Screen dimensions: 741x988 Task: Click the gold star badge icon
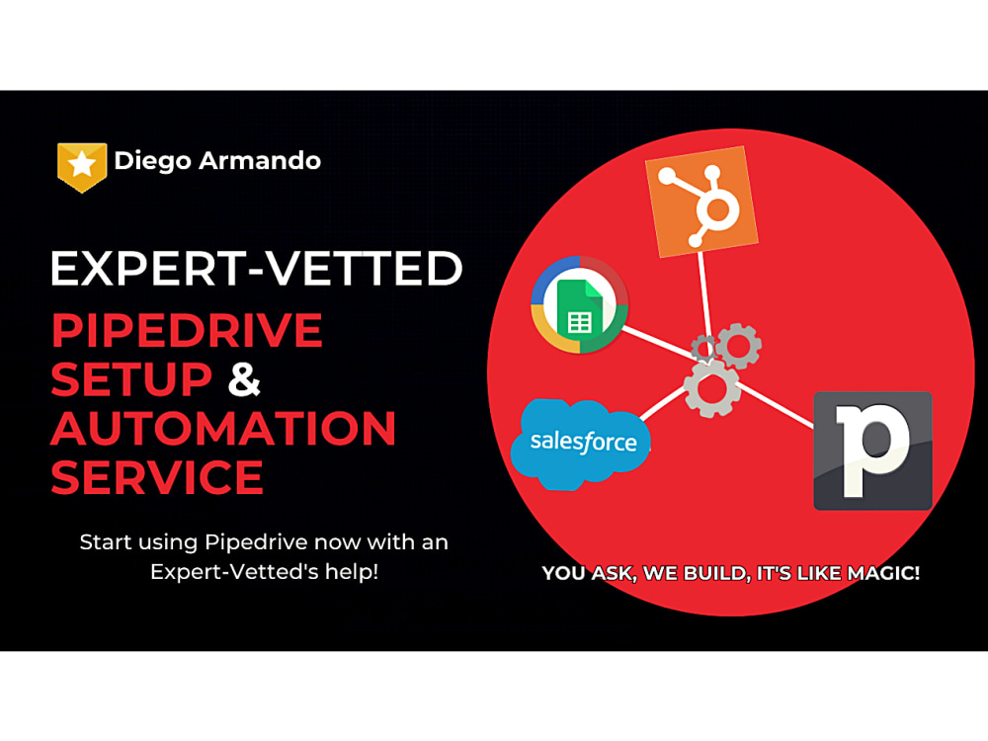pyautogui.click(x=82, y=165)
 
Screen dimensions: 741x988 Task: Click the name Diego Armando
pyautogui.click(x=217, y=161)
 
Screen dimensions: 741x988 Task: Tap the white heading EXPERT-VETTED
pyautogui.click(x=256, y=269)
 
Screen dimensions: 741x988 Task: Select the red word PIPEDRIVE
pyautogui.click(x=187, y=330)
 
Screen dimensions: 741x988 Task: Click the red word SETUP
pyautogui.click(x=131, y=378)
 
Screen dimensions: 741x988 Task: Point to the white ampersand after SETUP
pyautogui.click(x=245, y=378)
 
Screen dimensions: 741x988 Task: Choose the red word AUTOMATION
pyautogui.click(x=223, y=428)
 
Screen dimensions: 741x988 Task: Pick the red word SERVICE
pyautogui.click(x=157, y=477)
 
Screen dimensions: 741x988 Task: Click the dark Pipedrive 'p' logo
pyautogui.click(x=872, y=451)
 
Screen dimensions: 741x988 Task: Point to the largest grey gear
pyautogui.click(x=711, y=387)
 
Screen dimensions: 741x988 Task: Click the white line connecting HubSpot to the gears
pyautogui.click(x=705, y=296)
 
